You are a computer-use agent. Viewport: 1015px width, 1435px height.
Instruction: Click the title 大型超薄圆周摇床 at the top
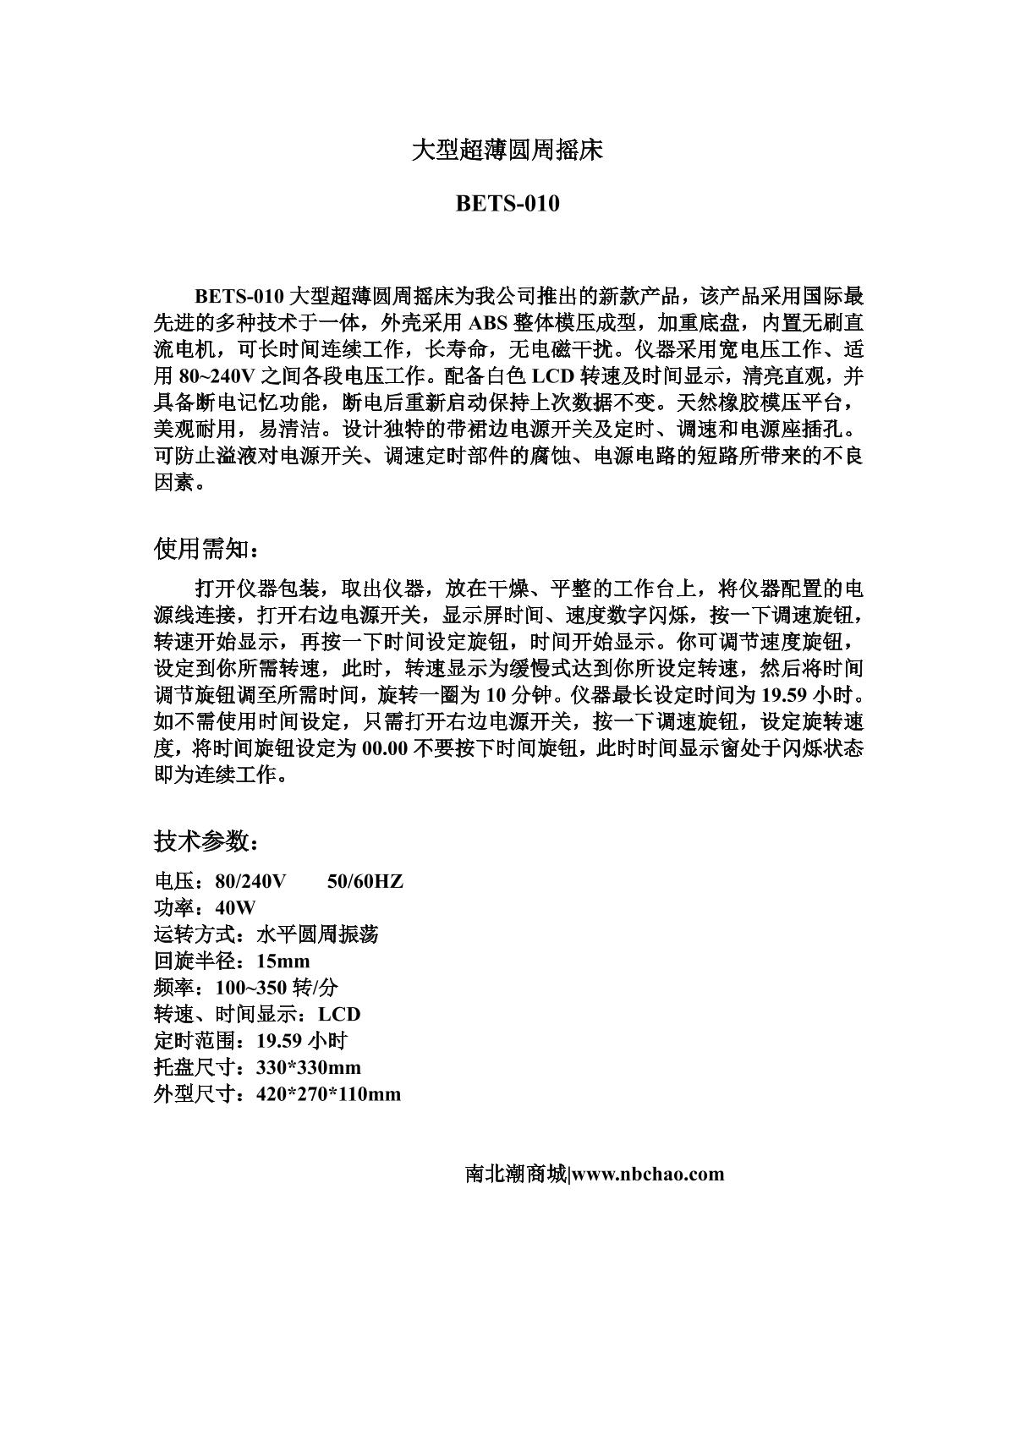[x=507, y=151]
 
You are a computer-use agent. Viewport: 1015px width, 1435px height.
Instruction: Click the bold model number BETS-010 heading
[x=507, y=204]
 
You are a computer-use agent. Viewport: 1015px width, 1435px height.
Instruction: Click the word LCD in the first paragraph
[x=553, y=376]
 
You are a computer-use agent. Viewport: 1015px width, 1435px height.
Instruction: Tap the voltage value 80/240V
[x=250, y=882]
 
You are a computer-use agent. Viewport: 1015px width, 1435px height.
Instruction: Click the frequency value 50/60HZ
[x=365, y=882]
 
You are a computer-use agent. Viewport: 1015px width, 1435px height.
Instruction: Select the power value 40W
[x=235, y=908]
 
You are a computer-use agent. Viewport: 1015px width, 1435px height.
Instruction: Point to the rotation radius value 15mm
[x=283, y=961]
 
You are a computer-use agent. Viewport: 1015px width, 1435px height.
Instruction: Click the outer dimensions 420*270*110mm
[x=327, y=1094]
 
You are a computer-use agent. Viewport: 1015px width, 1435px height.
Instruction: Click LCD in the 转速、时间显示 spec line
[x=339, y=1015]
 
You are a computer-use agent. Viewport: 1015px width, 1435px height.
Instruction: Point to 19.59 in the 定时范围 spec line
[x=280, y=1041]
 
